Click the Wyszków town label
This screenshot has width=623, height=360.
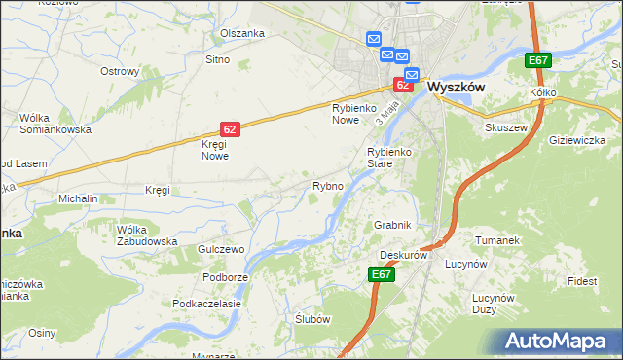457,86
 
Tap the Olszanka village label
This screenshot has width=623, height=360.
242,33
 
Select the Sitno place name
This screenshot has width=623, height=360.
217,60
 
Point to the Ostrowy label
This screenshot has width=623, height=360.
121,71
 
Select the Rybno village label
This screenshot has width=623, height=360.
327,186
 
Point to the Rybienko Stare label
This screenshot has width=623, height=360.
392,159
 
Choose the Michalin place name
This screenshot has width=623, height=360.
78,198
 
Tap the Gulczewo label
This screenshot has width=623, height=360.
220,250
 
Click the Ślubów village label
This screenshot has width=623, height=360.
313,319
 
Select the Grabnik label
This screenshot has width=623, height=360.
393,225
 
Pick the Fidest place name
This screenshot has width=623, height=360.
583,281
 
